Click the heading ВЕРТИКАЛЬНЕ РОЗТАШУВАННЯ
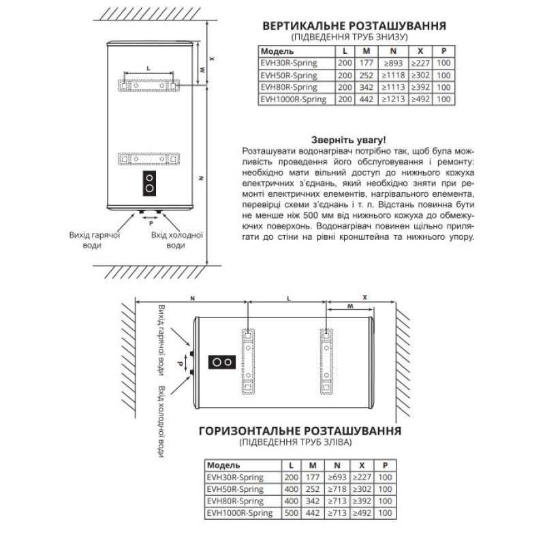coord(354,26)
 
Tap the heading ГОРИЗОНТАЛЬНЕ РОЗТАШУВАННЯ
coord(299,431)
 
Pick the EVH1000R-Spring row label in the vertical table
coord(294,99)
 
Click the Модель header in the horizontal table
coord(222,465)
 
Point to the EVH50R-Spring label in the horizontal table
coord(234,488)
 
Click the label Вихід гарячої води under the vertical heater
coord(95,240)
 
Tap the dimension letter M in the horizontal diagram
coord(351,307)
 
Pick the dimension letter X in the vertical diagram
coord(213,59)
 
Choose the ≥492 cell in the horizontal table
coord(364,512)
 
